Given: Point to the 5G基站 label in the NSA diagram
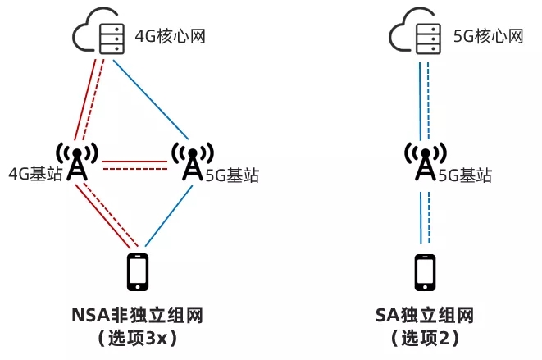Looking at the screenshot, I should (x=233, y=175).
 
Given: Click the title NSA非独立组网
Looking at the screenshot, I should (x=137, y=316).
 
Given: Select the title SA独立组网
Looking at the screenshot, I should (x=425, y=316).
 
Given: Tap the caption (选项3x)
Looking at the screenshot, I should (x=137, y=338).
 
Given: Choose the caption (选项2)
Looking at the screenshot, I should (x=425, y=338).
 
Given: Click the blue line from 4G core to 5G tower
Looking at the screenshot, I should (x=152, y=98).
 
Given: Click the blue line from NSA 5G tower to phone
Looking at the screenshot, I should (x=168, y=215).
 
